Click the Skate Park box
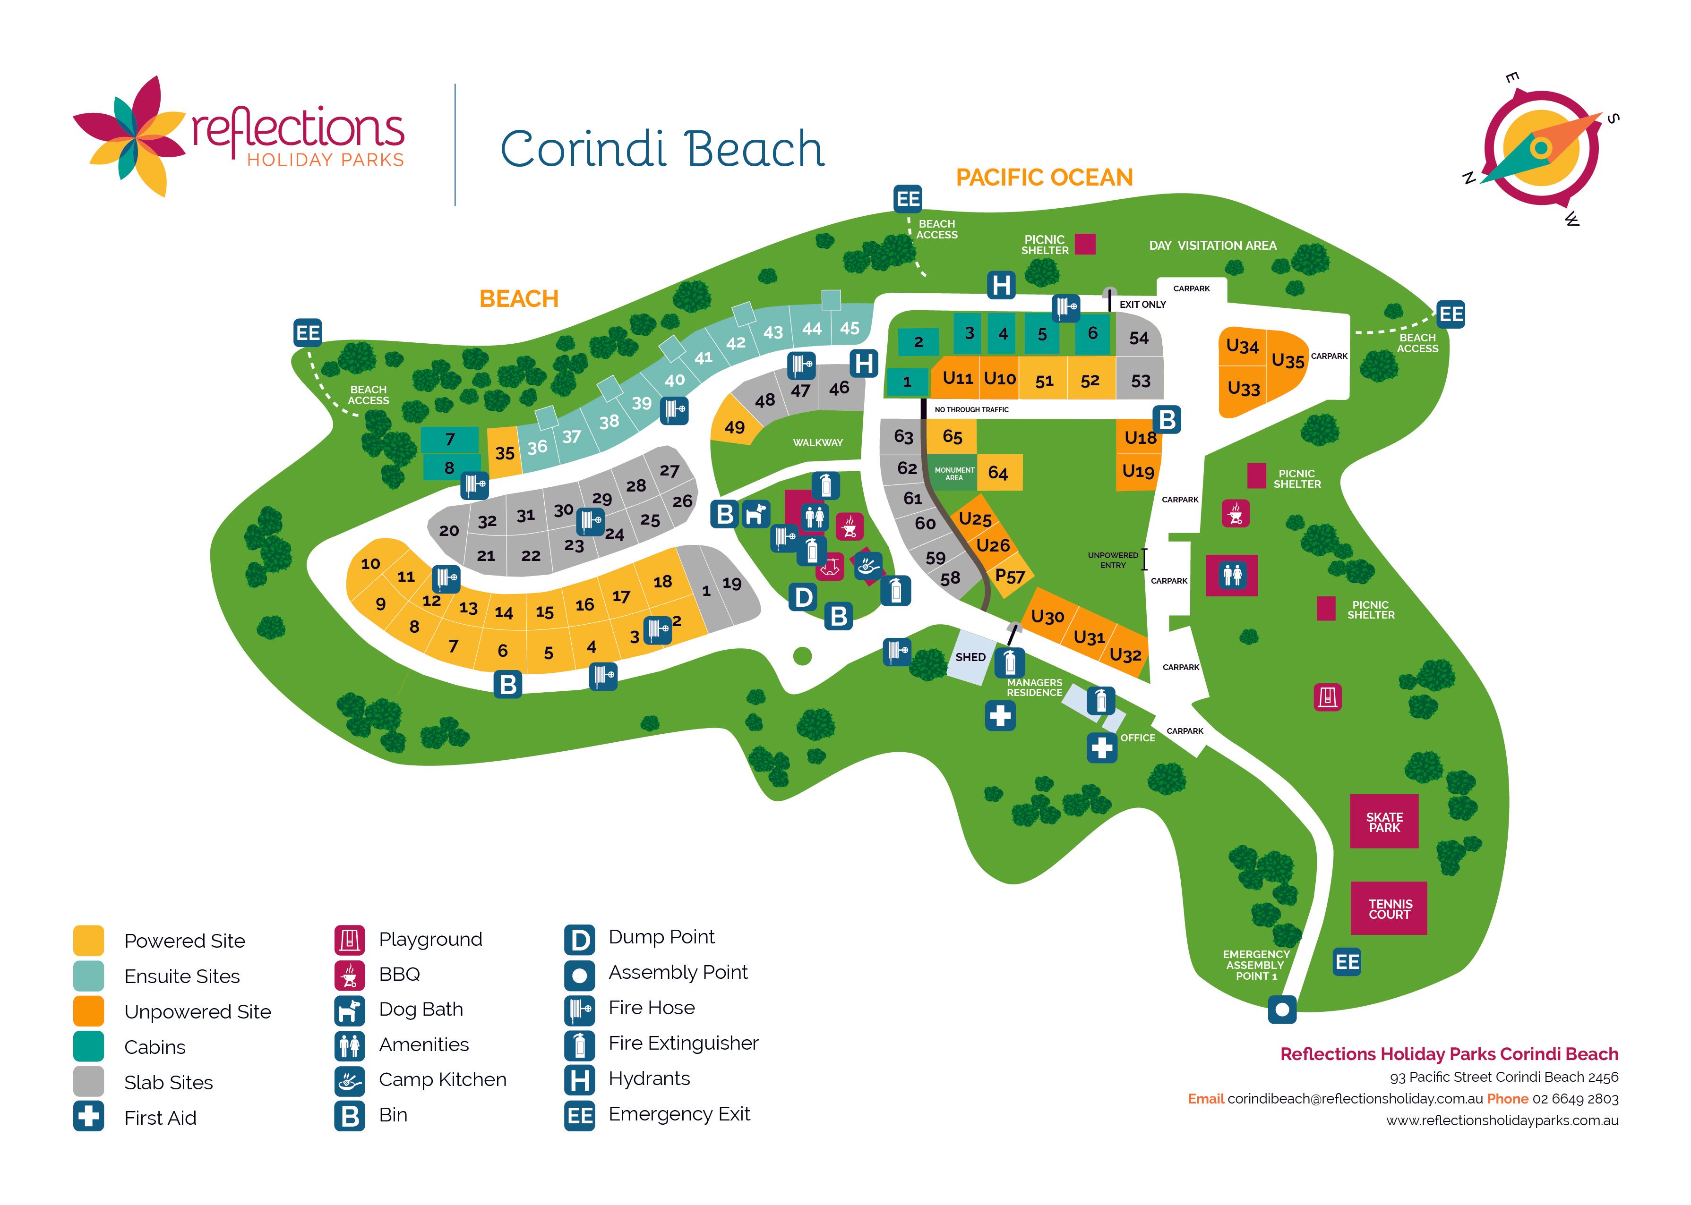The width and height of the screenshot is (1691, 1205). click(1384, 822)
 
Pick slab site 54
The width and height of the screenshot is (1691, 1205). click(1138, 339)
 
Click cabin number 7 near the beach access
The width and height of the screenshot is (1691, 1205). click(449, 439)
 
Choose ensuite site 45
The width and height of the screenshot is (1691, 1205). click(849, 328)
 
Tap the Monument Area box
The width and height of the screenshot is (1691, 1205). click(954, 474)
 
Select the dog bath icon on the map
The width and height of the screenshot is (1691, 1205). click(755, 513)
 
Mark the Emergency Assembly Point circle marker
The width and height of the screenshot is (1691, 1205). click(1281, 1009)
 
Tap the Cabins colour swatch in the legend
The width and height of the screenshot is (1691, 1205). click(88, 1047)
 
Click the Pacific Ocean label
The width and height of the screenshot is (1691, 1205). click(1044, 178)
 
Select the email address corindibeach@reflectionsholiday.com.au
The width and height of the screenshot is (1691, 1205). click(1355, 1099)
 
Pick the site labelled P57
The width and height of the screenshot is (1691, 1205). click(1010, 576)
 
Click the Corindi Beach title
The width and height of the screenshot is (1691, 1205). click(662, 149)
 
